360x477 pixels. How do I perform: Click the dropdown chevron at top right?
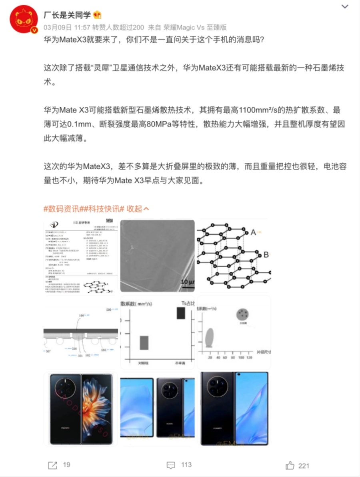click(344, 7)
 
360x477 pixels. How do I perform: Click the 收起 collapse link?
click(138, 209)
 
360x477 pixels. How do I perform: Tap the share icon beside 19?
click(52, 465)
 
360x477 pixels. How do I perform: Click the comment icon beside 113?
click(171, 465)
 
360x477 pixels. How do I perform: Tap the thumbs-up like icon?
click(290, 465)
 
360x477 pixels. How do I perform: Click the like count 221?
click(304, 465)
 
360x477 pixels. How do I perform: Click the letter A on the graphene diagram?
click(253, 232)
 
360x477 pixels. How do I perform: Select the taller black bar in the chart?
click(181, 313)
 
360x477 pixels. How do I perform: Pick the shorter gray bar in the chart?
click(144, 343)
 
